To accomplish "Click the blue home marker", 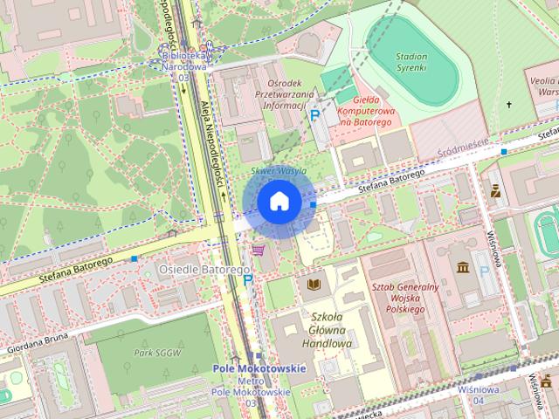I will (279, 202).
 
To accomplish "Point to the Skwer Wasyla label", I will (279, 171).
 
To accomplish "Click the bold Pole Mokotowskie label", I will (259, 368).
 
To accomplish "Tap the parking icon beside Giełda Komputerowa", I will (315, 115).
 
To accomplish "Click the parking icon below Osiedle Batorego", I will (248, 280).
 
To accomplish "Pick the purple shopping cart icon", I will (258, 250).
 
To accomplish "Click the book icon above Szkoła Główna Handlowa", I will (313, 285).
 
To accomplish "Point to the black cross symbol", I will (509, 105).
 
